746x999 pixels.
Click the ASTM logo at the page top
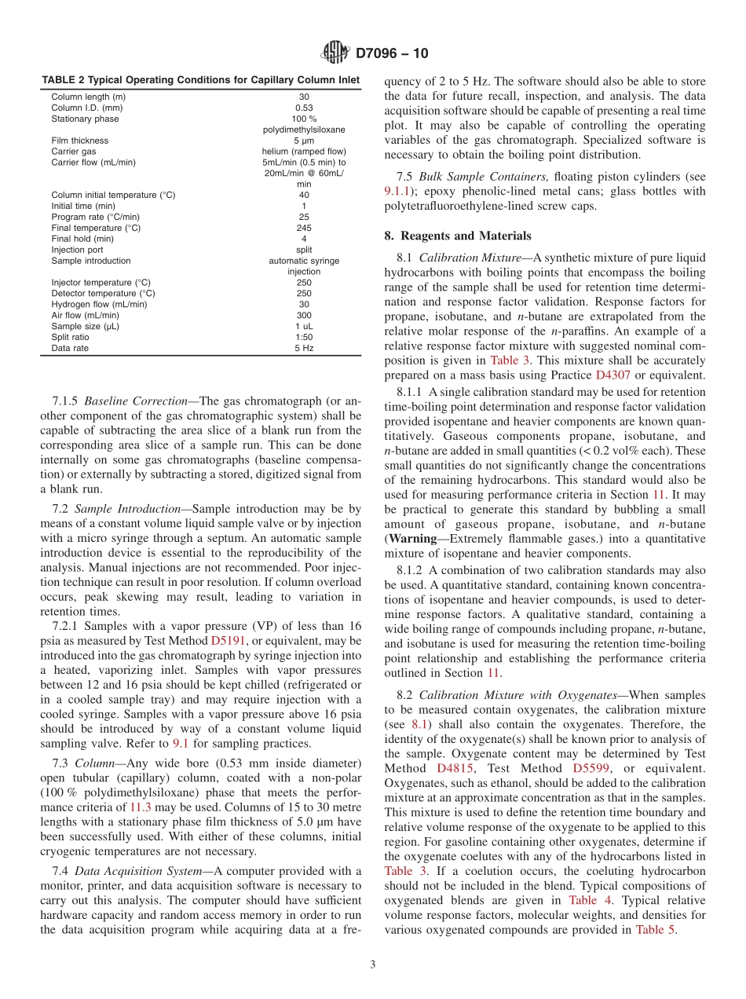pos(335,54)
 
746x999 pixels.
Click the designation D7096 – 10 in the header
pos(393,54)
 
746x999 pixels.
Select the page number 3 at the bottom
pos(372,964)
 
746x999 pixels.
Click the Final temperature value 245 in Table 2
pos(303,228)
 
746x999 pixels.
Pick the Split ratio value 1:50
pos(303,337)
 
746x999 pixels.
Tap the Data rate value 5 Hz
pos(303,348)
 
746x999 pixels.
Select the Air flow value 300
pos(303,315)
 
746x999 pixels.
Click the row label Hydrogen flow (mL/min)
pos(99,304)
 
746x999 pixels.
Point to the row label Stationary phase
pos(86,119)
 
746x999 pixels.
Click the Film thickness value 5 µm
pos(303,141)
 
